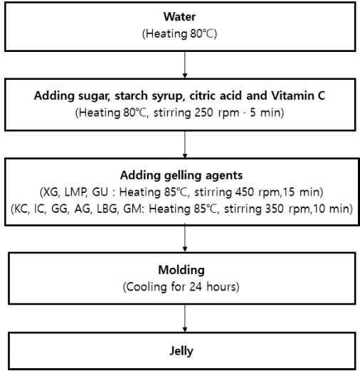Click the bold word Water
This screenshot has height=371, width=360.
click(x=179, y=16)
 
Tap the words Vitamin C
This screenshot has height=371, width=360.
click(x=298, y=95)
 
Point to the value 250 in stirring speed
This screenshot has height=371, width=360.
click(x=203, y=113)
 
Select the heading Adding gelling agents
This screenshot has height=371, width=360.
click(x=181, y=176)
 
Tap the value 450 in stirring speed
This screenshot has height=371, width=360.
click(x=244, y=192)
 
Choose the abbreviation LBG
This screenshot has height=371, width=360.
click(x=107, y=209)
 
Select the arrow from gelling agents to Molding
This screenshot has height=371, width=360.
click(x=185, y=238)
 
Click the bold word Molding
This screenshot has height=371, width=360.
click(x=181, y=270)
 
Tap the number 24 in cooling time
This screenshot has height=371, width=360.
click(x=196, y=287)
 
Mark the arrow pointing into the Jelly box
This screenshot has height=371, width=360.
click(x=185, y=318)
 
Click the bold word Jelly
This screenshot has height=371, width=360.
click(x=181, y=351)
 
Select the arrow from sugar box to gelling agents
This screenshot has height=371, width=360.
click(x=185, y=145)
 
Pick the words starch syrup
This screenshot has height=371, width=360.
click(x=150, y=96)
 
